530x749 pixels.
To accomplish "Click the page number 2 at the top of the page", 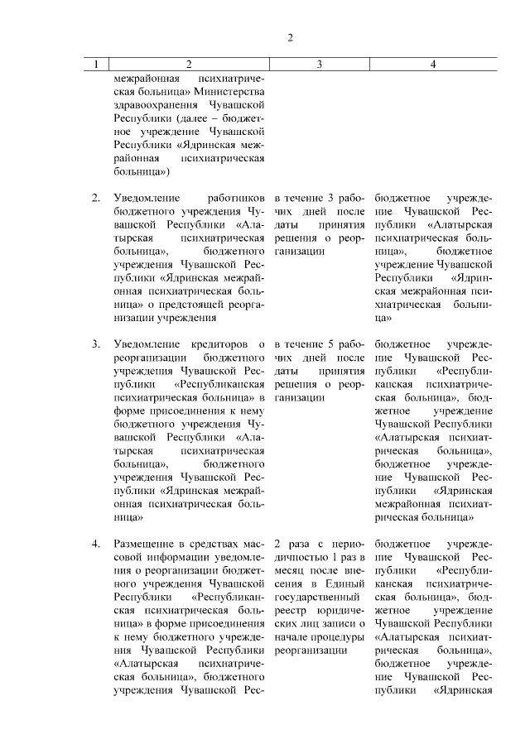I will pyautogui.click(x=290, y=37).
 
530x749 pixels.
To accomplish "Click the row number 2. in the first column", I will pyautogui.click(x=96, y=199).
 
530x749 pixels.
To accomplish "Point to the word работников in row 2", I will pyautogui.click(x=237, y=199).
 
